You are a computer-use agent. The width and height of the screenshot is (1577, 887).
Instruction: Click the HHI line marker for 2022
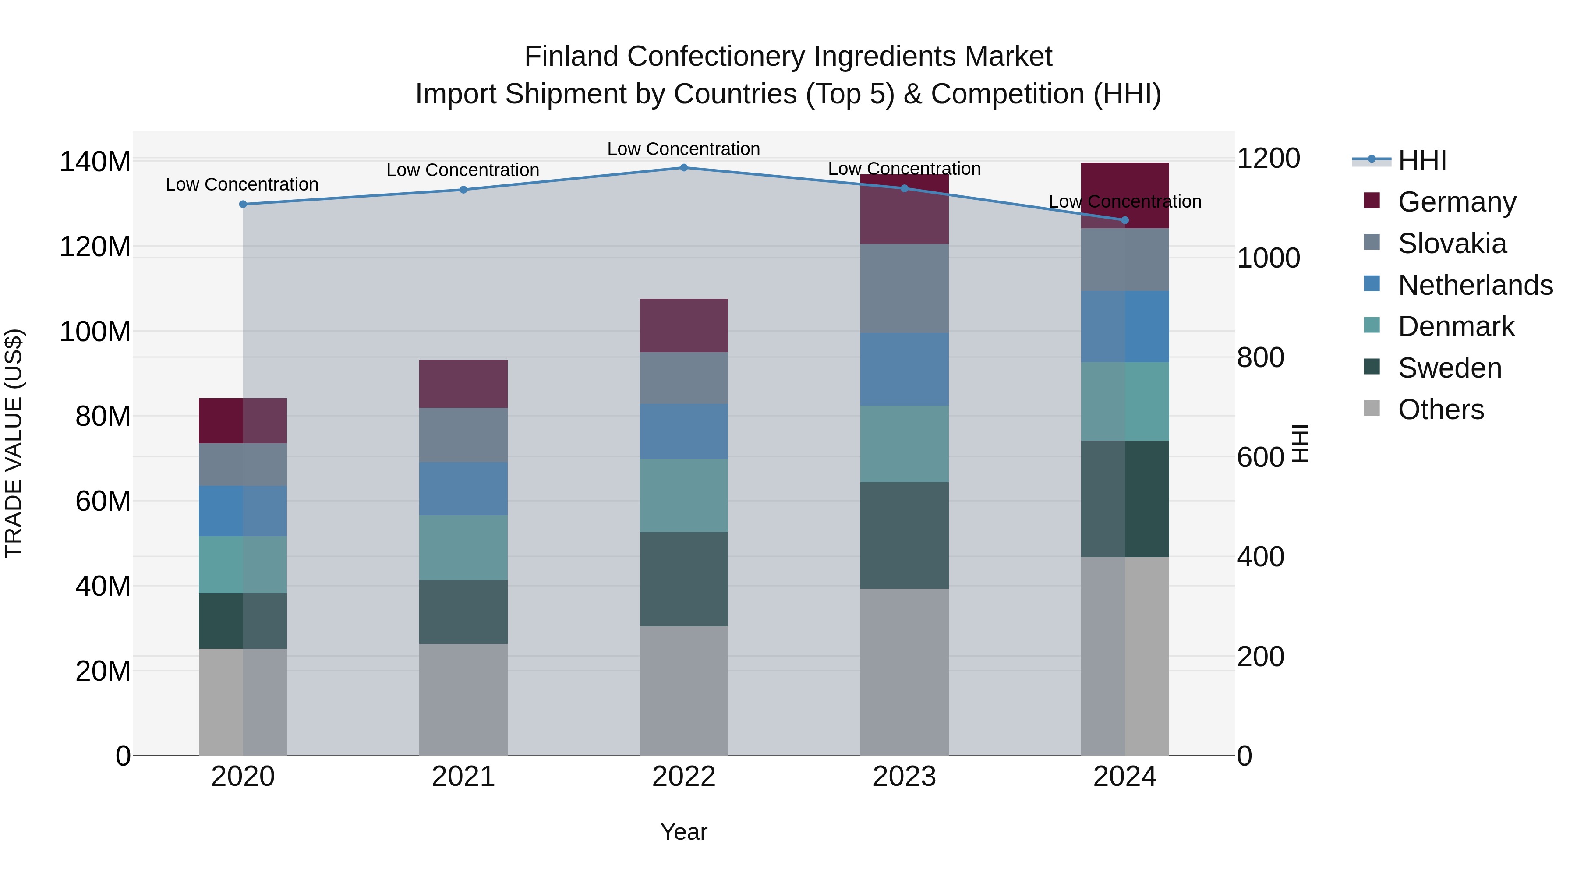(684, 167)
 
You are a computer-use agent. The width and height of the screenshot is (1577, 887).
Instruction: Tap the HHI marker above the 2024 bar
(1124, 220)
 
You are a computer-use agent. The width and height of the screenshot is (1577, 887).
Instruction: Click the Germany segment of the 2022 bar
(684, 325)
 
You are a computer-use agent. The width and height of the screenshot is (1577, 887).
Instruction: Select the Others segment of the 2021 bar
(463, 699)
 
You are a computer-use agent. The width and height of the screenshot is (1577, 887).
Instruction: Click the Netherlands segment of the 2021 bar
(463, 488)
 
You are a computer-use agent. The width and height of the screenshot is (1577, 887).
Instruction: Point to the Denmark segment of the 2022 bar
(684, 495)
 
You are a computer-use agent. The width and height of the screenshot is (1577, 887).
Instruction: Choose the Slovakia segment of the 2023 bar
(904, 288)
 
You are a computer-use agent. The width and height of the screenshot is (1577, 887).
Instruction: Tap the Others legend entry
(1440, 410)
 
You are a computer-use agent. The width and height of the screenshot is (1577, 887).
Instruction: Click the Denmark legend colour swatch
(1372, 325)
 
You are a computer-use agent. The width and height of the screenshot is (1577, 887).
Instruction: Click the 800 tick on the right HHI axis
(1260, 357)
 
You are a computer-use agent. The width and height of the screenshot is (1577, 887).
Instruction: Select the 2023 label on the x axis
(904, 777)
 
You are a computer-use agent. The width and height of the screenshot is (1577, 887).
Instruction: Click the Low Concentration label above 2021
(463, 170)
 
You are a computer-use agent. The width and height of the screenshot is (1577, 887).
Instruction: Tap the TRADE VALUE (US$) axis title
(14, 443)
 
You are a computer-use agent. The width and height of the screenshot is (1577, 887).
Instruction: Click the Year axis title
(684, 832)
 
